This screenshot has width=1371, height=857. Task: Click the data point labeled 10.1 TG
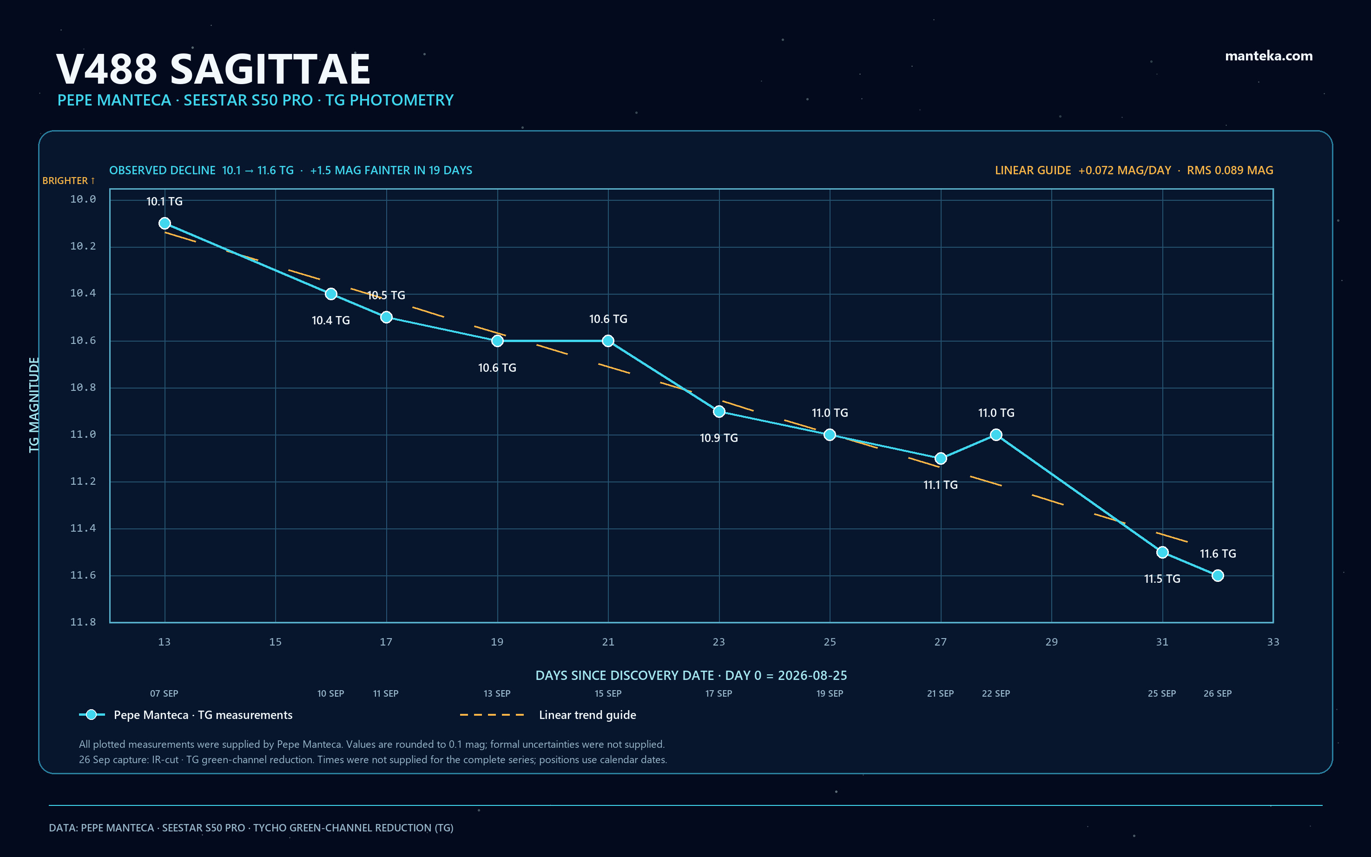(x=165, y=224)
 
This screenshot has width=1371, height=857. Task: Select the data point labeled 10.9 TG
(x=718, y=411)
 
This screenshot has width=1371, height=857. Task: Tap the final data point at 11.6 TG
(x=1218, y=575)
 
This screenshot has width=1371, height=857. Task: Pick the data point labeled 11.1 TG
(x=940, y=458)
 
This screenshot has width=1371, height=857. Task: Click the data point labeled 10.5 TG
(x=386, y=317)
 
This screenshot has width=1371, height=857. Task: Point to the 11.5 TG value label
(x=1162, y=579)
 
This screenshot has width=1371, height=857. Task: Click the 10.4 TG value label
(x=331, y=320)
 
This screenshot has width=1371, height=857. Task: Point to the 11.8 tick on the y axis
(x=83, y=622)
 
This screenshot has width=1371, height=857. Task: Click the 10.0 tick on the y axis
(x=83, y=199)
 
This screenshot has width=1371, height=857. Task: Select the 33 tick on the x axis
(x=1273, y=642)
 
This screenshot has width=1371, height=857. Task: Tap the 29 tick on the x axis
(x=1051, y=642)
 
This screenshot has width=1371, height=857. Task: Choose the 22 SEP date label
(x=996, y=693)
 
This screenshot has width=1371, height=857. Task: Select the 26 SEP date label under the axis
(x=1218, y=693)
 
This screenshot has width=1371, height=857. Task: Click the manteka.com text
(x=1268, y=56)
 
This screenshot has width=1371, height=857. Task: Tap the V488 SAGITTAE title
(x=213, y=69)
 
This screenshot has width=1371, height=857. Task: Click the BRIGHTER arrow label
(x=69, y=180)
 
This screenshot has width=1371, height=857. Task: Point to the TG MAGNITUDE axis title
(x=34, y=405)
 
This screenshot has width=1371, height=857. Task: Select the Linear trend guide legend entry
(x=548, y=715)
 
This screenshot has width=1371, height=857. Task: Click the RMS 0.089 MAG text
(x=1230, y=170)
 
